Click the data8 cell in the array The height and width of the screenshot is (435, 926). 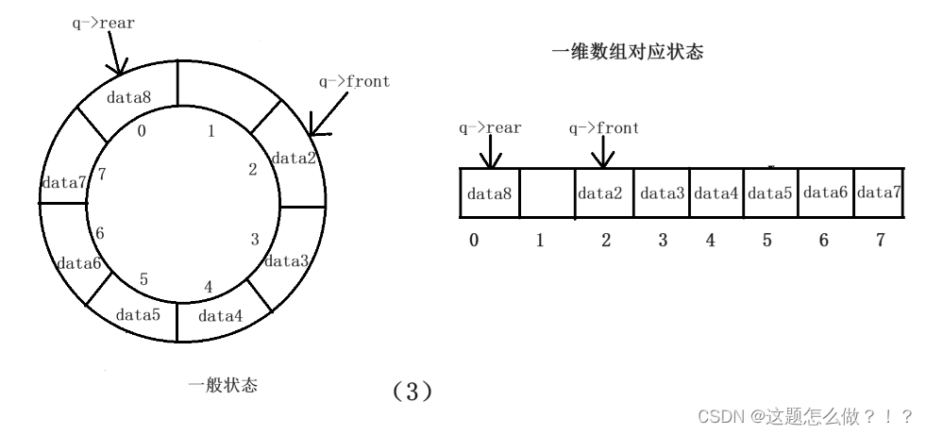pyautogui.click(x=489, y=194)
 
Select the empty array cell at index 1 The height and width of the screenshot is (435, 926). pyautogui.click(x=547, y=194)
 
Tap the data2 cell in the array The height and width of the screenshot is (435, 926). pyautogui.click(x=600, y=194)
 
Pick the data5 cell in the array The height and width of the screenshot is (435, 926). pyautogui.click(x=769, y=194)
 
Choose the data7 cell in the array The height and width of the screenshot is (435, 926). pyautogui.click(x=878, y=194)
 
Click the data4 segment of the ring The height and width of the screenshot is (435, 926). pyautogui.click(x=221, y=315)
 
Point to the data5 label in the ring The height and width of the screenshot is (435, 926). pyautogui.click(x=137, y=313)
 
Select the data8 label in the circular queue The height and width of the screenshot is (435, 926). pyautogui.click(x=128, y=96)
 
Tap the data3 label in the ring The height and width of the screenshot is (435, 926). pyautogui.click(x=286, y=260)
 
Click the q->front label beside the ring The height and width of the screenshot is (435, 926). pyautogui.click(x=354, y=81)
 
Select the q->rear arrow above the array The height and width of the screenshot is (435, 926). pyautogui.click(x=489, y=151)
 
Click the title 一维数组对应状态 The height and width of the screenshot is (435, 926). pyautogui.click(x=627, y=54)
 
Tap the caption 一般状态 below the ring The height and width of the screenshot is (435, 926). pyautogui.click(x=223, y=385)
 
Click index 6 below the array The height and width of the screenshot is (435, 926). pyautogui.click(x=823, y=241)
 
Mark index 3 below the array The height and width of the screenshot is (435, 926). pyautogui.click(x=663, y=241)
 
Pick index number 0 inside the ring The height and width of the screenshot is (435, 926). pyautogui.click(x=142, y=131)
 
